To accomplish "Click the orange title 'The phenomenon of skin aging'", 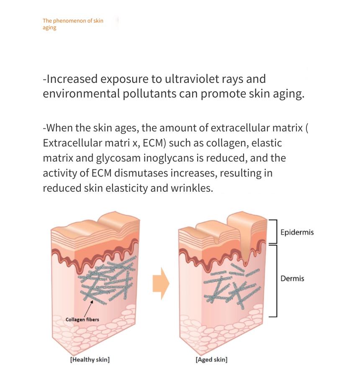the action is coord(73,24).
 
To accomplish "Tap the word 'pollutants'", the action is coord(149,94).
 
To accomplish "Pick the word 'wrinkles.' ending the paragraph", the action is coord(192,188).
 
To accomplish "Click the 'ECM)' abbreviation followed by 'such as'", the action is coord(154,143).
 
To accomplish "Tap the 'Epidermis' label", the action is coord(297,232).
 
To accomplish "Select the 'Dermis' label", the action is coord(292,278).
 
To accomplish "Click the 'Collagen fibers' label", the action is coord(82,319).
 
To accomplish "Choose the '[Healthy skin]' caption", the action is coord(90,359).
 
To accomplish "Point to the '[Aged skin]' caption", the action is coord(212,359).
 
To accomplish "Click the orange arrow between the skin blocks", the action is coord(161,284).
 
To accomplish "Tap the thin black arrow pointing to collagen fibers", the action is coord(88,308).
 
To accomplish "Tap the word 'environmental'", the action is coord(81,94).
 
